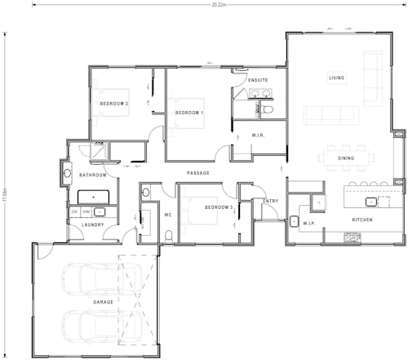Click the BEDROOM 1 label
[x=189, y=113]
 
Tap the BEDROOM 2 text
[x=114, y=104]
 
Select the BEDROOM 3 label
[x=219, y=207]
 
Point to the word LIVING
[x=336, y=78]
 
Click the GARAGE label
[x=103, y=303]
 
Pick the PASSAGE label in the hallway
[x=198, y=173]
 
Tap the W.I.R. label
[x=257, y=135]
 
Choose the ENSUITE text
[x=258, y=80]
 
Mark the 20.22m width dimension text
[x=219, y=5]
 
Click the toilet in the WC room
[x=168, y=235]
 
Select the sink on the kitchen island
[x=370, y=199]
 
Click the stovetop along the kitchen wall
[x=353, y=238]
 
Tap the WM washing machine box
[x=87, y=211]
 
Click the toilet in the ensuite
[x=255, y=106]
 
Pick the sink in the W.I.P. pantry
[x=294, y=220]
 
